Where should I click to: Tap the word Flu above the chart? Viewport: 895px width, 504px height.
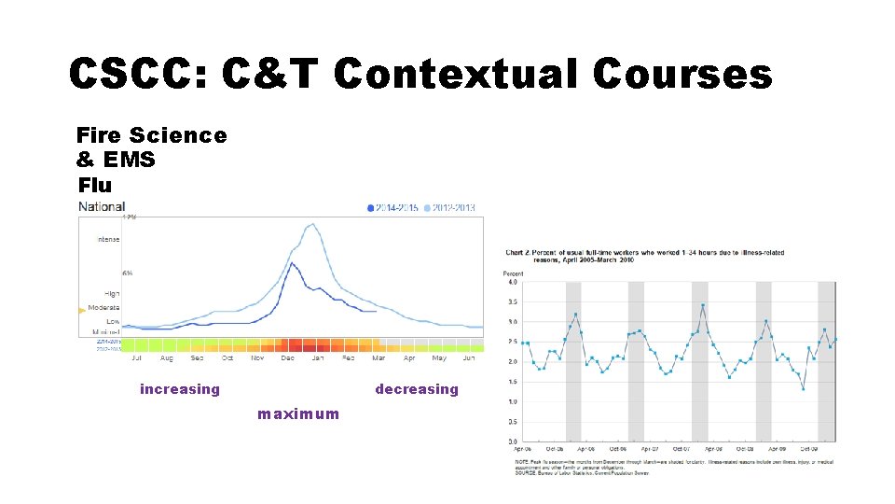click(x=95, y=184)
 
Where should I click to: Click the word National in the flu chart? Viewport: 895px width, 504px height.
click(x=102, y=206)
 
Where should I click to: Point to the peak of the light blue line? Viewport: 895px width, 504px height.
click(x=313, y=224)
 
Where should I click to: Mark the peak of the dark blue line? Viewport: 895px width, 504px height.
click(x=292, y=263)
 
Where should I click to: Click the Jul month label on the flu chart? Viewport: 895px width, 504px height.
click(x=137, y=358)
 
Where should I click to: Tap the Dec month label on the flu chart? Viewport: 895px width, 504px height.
click(x=287, y=358)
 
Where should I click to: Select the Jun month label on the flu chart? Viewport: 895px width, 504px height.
click(x=469, y=358)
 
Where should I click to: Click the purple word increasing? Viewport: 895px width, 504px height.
click(x=180, y=389)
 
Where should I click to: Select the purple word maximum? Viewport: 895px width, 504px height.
click(x=298, y=413)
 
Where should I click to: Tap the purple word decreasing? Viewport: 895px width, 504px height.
click(x=417, y=389)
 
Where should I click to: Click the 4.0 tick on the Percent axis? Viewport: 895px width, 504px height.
click(x=512, y=282)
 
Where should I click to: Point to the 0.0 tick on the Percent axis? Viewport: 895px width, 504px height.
click(x=512, y=441)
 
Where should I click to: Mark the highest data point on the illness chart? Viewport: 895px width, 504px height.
click(x=702, y=305)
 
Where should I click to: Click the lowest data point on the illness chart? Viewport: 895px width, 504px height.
click(x=803, y=388)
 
